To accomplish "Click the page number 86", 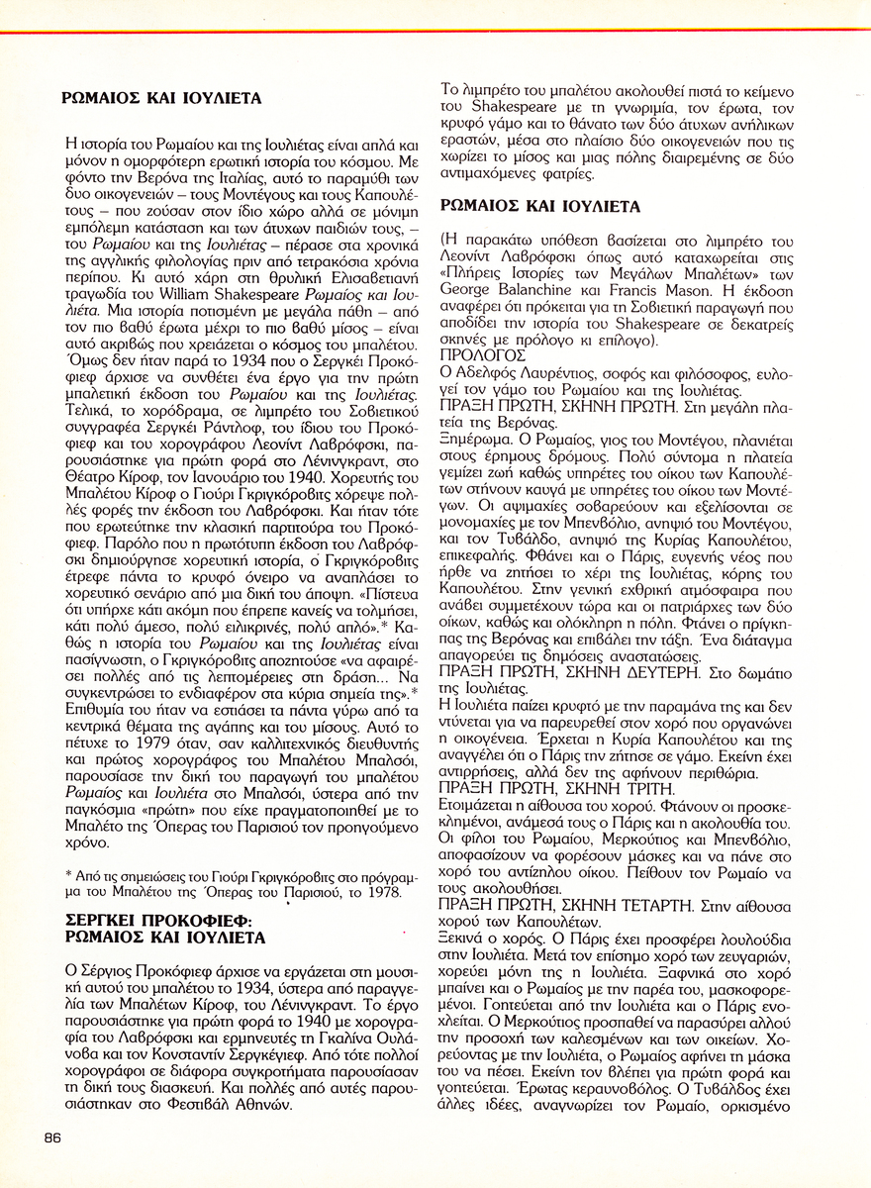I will click(52, 1138).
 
